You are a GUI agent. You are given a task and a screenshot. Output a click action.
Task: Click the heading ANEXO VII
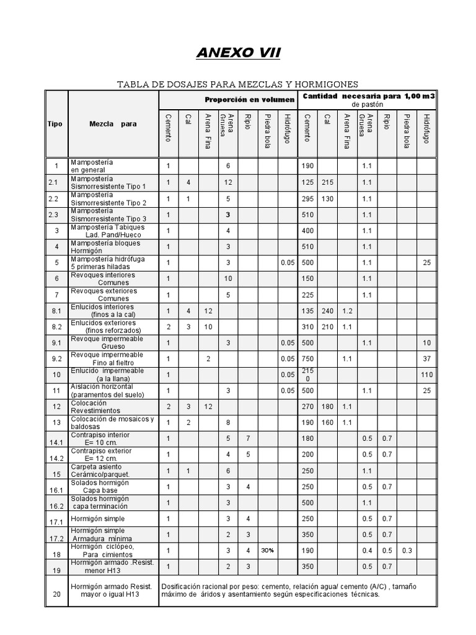[x=238, y=53]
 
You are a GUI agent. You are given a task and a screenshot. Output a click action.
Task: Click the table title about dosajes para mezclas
[x=238, y=84]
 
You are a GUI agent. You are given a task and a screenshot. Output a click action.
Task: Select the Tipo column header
[x=55, y=124]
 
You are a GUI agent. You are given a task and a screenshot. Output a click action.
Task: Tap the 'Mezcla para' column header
[x=112, y=124]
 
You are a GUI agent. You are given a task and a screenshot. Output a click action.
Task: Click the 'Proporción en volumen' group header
[x=250, y=99]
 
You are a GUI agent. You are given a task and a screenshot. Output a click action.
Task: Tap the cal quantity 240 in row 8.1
[x=328, y=311]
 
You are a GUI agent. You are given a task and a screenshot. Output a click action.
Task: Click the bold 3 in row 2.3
[x=229, y=215]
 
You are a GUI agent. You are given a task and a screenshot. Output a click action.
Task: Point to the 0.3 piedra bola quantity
[x=407, y=551]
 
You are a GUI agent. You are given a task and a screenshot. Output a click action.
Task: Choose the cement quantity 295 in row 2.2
[x=308, y=198]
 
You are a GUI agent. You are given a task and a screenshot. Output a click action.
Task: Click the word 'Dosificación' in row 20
[x=185, y=585]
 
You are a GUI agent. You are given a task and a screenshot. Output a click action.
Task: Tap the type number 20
[x=56, y=594]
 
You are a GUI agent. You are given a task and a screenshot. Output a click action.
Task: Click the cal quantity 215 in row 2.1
[x=328, y=182]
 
